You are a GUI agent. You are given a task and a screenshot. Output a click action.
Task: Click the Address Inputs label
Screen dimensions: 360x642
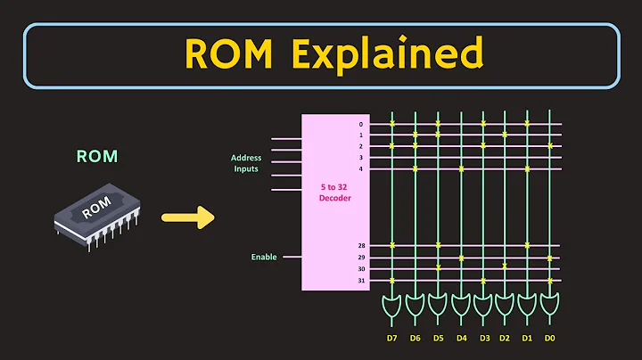tap(246, 162)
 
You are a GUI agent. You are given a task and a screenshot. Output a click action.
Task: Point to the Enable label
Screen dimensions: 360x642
tap(263, 257)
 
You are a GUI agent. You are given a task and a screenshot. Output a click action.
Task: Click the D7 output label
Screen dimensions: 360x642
tap(392, 340)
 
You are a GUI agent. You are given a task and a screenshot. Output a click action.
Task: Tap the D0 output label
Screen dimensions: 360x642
tap(550, 340)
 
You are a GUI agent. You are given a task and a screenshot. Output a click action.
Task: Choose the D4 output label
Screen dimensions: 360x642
tap(460, 340)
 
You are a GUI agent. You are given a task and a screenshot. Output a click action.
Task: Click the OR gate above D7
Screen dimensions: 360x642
tap(392, 307)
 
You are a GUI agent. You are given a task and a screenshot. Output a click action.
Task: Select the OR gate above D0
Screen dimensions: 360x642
tap(550, 307)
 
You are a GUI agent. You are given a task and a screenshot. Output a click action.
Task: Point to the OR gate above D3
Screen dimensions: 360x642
tap(482, 307)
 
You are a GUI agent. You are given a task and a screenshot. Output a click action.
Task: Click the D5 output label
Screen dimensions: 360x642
tap(438, 340)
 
